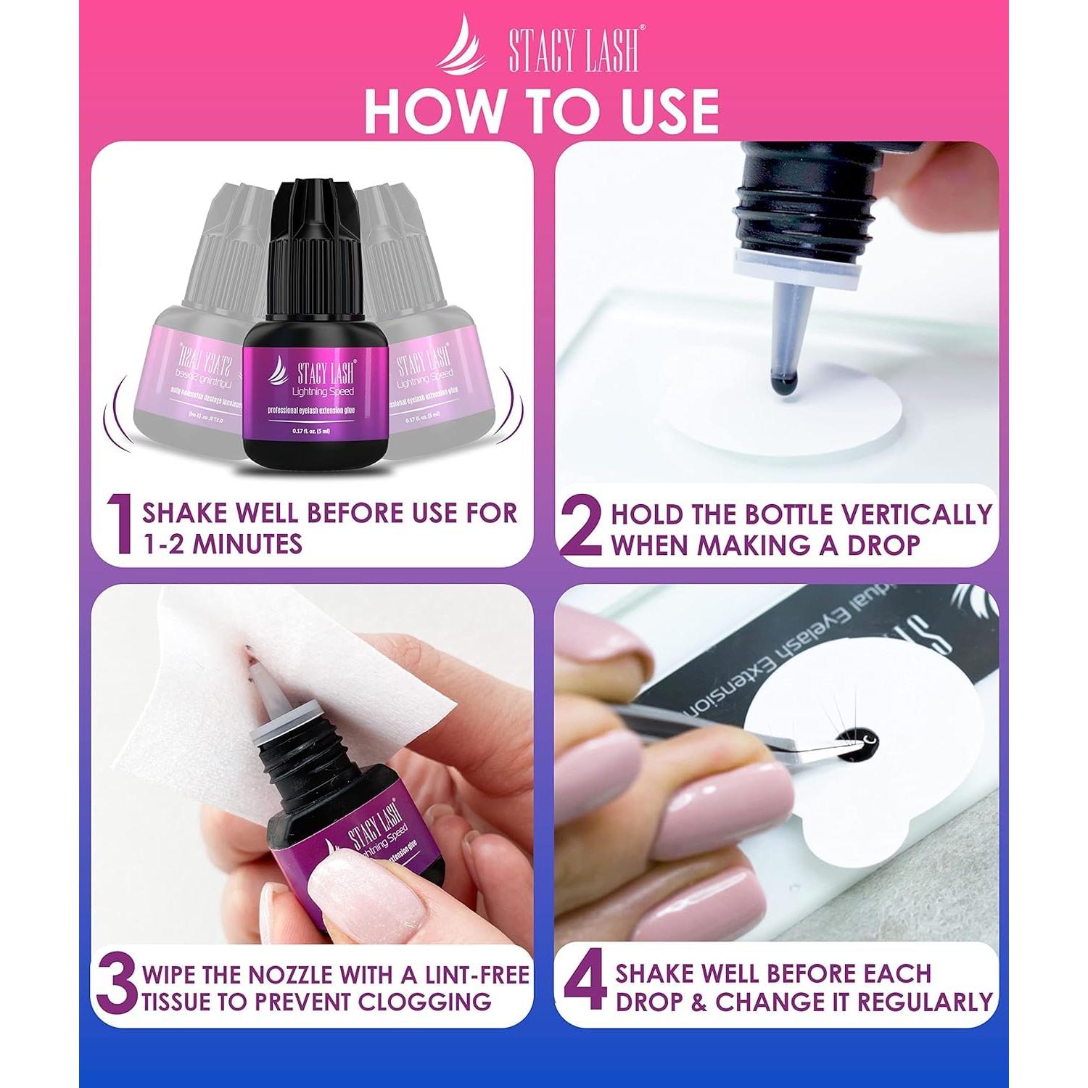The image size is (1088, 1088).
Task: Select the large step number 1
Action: coord(120,526)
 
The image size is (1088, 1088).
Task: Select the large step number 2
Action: coord(582,527)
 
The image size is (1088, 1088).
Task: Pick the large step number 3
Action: coord(116,986)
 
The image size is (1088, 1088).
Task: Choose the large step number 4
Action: coord(585,986)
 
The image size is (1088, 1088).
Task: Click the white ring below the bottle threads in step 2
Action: coord(798,265)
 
